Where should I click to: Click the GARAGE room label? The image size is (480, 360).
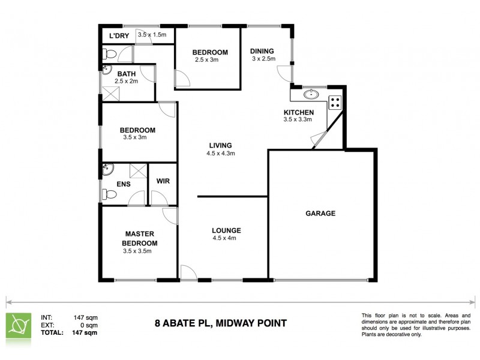(320, 213)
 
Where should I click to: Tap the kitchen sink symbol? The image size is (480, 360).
(311, 94)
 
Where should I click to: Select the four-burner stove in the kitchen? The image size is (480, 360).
(335, 103)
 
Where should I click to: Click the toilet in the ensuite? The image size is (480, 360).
(109, 194)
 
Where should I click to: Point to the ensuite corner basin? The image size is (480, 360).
(107, 169)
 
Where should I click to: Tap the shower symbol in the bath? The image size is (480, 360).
(110, 94)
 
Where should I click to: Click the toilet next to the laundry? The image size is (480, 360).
(109, 55)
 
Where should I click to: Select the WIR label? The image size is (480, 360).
(163, 181)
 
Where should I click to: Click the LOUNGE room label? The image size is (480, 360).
(226, 230)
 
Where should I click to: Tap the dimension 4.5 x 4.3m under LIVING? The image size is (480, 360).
(220, 154)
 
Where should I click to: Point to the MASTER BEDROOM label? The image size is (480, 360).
(140, 238)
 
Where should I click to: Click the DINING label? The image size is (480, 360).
(262, 51)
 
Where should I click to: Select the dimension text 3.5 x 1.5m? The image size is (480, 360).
(152, 35)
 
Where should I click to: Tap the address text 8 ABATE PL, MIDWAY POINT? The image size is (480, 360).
(220, 323)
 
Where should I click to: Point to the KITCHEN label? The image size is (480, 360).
(298, 112)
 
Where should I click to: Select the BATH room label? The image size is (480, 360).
(127, 74)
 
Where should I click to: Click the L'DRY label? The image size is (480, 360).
(119, 36)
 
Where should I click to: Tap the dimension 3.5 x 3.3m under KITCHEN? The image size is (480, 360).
(298, 119)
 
